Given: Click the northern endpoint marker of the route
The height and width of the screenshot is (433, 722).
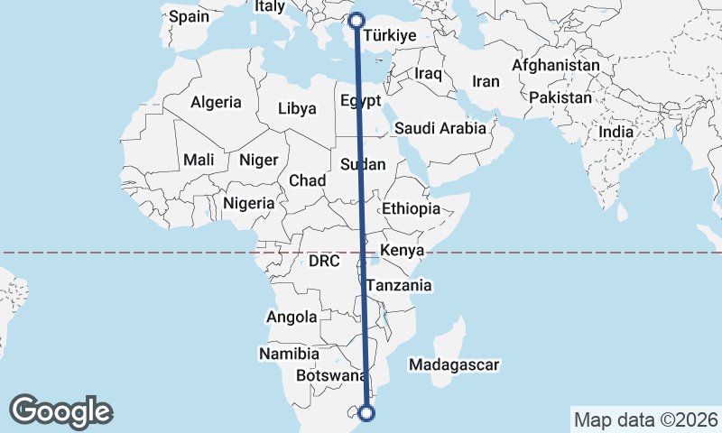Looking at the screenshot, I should click(356, 20).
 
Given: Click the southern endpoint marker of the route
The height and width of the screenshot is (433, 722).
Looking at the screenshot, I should click(366, 413).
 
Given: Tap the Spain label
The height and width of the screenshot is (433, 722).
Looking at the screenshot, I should click(189, 16).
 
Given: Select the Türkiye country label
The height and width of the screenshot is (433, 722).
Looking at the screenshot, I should click(388, 36).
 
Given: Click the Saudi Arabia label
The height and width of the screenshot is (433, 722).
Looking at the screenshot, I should click(440, 128).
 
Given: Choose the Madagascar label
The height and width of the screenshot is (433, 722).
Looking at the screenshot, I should click(454, 364).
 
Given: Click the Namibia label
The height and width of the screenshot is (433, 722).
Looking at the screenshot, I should click(289, 353).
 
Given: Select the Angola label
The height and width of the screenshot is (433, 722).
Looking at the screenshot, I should click(292, 317).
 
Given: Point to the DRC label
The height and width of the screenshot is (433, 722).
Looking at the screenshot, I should click(323, 262).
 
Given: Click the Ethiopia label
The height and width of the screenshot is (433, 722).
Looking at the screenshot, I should click(411, 208).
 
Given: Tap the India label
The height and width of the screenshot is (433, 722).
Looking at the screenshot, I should click(616, 132).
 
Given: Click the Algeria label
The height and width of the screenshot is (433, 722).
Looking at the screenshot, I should click(216, 103).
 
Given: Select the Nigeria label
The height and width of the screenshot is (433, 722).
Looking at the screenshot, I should click(249, 203).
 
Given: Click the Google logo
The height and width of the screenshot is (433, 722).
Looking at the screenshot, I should click(60, 411).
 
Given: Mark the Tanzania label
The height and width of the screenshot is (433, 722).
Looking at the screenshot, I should click(399, 285).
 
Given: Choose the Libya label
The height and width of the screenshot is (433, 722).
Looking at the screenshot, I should click(298, 108).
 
